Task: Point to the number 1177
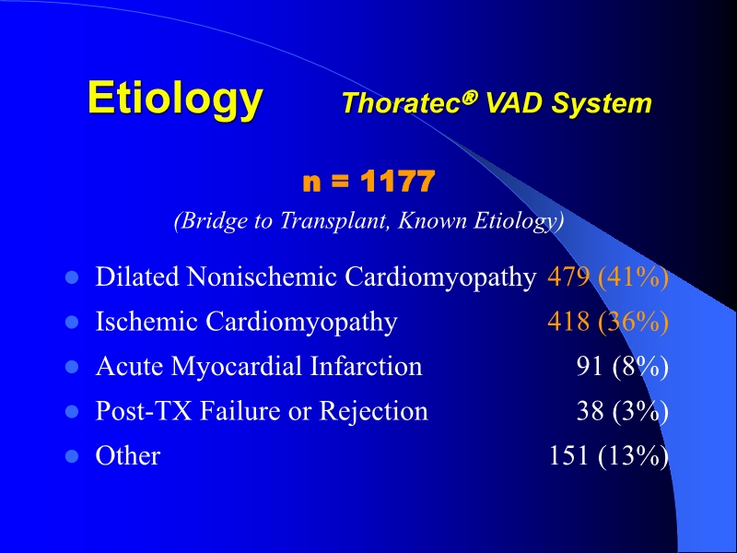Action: coord(396,182)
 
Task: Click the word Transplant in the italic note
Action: coord(338,221)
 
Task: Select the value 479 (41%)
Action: coord(608,276)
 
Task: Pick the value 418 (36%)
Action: coord(608,322)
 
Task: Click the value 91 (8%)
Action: coord(622,366)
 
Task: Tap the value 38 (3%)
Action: coord(622,411)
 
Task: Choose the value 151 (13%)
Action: coord(608,455)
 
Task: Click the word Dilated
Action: coord(128,276)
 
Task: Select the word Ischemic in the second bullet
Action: coord(147,322)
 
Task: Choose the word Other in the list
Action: coord(128,455)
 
